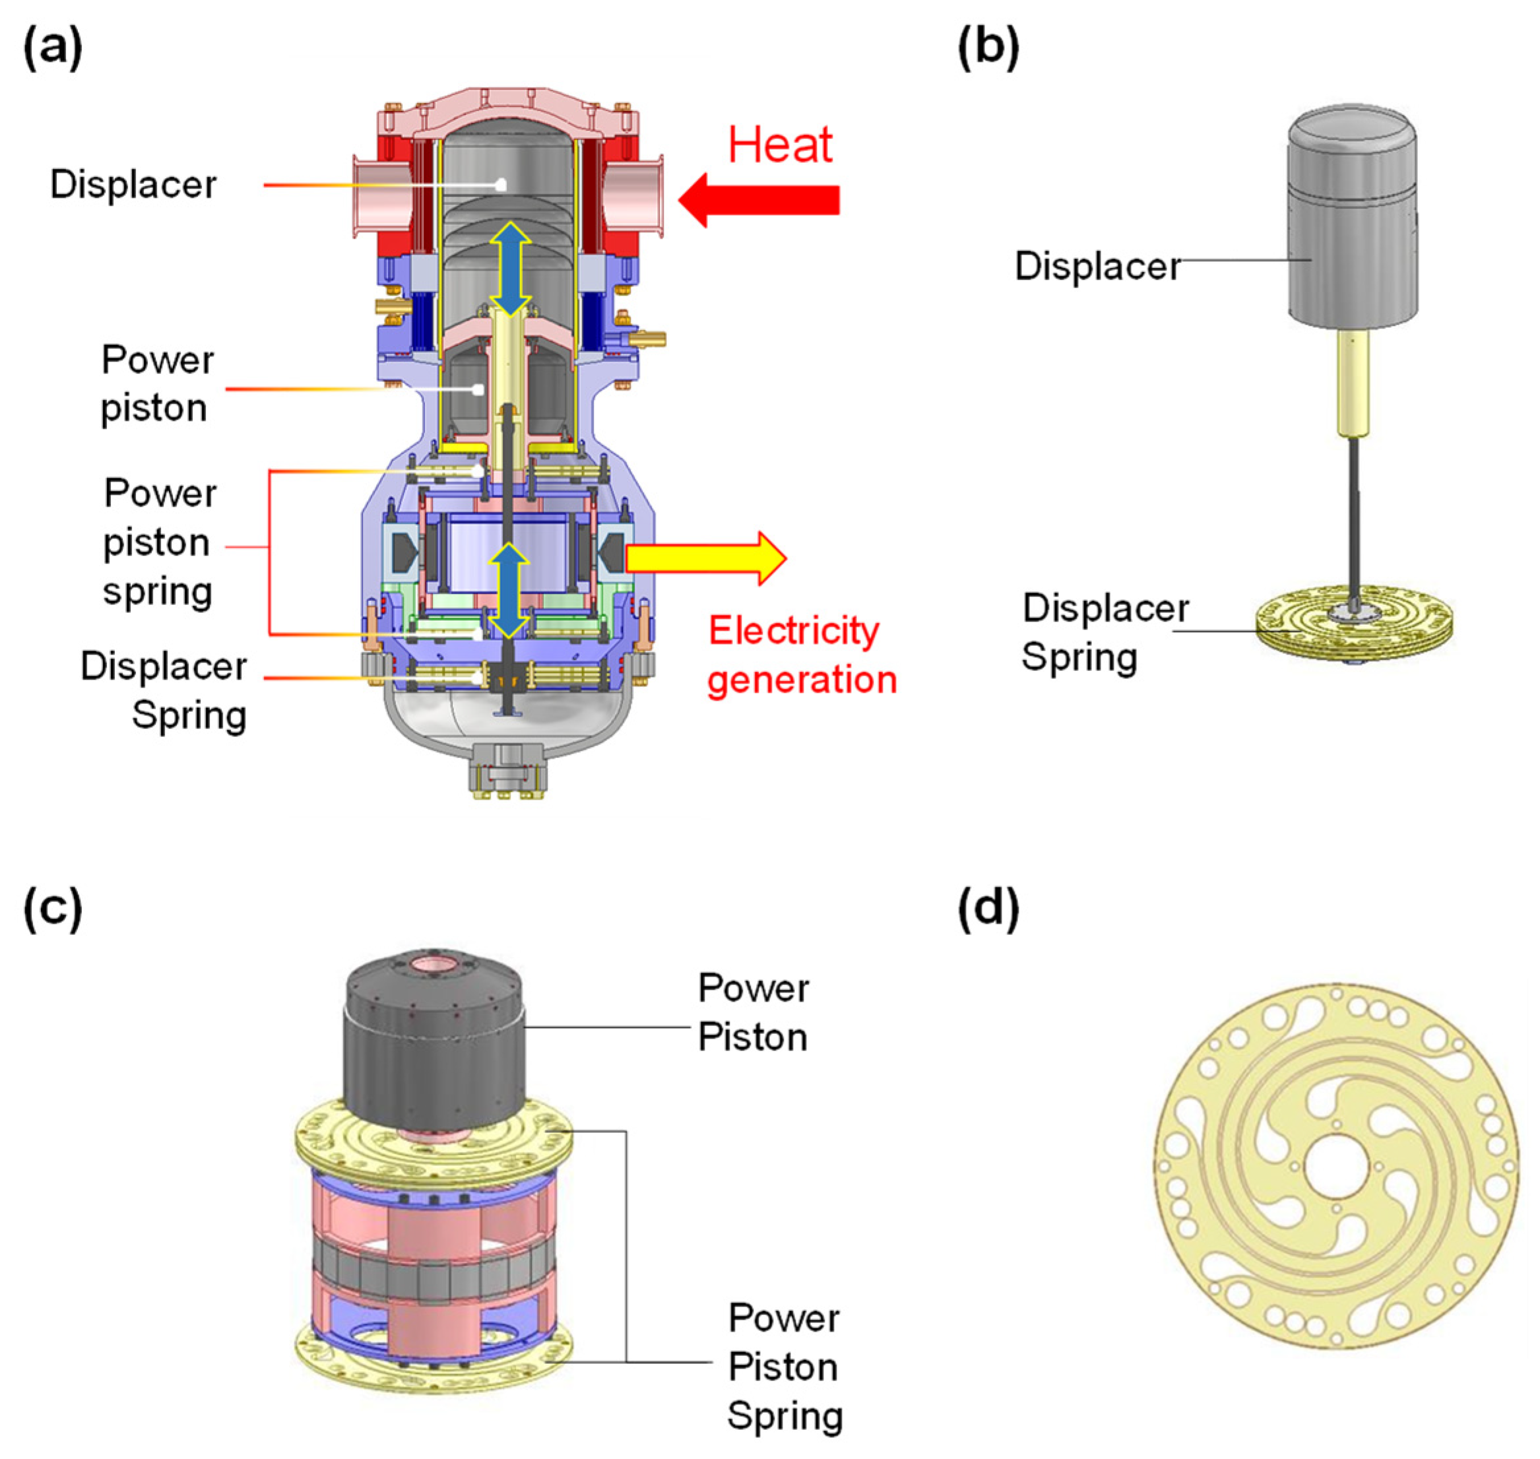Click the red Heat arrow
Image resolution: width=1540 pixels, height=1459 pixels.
766,200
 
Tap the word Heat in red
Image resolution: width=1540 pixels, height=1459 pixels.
780,145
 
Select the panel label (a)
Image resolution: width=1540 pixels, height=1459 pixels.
53,48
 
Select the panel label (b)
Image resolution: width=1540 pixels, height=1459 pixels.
988,48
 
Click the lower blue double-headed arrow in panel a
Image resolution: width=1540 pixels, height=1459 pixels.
509,589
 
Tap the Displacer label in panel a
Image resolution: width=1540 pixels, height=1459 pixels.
134,185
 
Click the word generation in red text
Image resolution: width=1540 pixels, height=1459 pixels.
802,680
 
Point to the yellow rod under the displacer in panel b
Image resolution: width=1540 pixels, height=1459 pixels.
1355,385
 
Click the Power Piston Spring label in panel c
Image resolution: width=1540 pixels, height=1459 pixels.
784,1367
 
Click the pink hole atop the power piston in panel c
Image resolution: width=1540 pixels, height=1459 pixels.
436,966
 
